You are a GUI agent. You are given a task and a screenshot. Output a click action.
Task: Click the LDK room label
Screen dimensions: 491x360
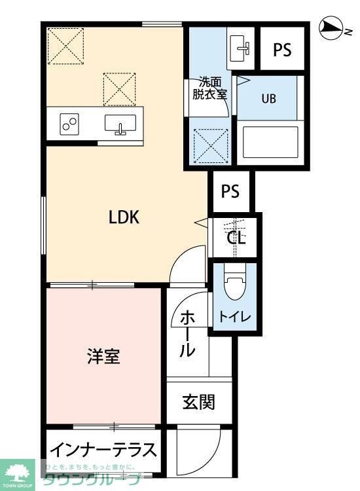(x=124, y=217)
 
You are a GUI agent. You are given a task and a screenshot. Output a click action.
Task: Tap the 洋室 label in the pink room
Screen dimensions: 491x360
(x=103, y=357)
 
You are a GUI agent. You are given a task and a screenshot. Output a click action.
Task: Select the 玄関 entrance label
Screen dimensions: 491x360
(x=198, y=401)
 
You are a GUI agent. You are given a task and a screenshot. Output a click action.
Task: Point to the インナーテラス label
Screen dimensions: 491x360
(x=103, y=450)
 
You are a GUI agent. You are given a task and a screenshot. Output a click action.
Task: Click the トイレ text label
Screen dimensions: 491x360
(x=234, y=318)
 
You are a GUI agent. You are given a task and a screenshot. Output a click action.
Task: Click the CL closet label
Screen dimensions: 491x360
(x=236, y=238)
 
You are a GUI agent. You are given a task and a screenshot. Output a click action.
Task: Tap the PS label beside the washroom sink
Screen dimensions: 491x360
(x=282, y=50)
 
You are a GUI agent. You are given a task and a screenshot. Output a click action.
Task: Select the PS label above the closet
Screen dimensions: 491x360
(x=230, y=192)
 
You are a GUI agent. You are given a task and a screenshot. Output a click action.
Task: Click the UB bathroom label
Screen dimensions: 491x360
(x=269, y=100)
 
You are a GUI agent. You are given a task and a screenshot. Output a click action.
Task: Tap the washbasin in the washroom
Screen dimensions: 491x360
(x=242, y=47)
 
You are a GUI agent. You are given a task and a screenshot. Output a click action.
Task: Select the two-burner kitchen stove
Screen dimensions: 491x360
(x=69, y=124)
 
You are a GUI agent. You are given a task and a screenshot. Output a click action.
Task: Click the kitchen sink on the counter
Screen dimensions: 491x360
(x=120, y=124)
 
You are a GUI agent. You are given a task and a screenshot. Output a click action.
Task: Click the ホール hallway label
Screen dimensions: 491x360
(x=188, y=335)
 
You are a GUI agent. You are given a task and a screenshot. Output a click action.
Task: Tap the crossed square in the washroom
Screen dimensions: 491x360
(x=209, y=142)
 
